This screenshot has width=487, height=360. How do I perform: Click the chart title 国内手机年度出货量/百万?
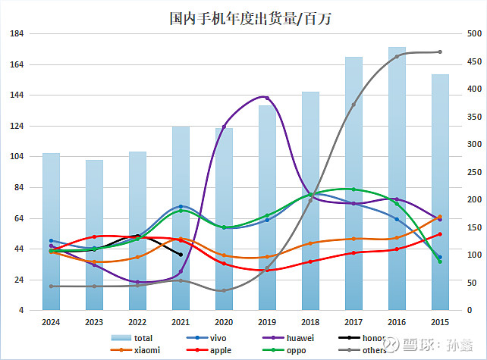click(x=244, y=18)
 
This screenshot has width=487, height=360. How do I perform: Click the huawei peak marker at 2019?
click(x=267, y=97)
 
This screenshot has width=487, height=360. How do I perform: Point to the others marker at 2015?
click(x=440, y=52)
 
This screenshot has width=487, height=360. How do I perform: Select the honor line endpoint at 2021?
click(x=181, y=255)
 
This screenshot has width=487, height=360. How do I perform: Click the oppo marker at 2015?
click(x=440, y=261)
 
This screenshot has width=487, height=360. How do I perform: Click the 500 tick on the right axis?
click(x=473, y=34)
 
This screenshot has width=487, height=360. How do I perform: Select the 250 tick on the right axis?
click(x=473, y=172)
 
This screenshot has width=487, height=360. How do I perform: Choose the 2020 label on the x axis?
click(x=224, y=322)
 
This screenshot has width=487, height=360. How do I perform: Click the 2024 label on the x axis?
click(x=51, y=322)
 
